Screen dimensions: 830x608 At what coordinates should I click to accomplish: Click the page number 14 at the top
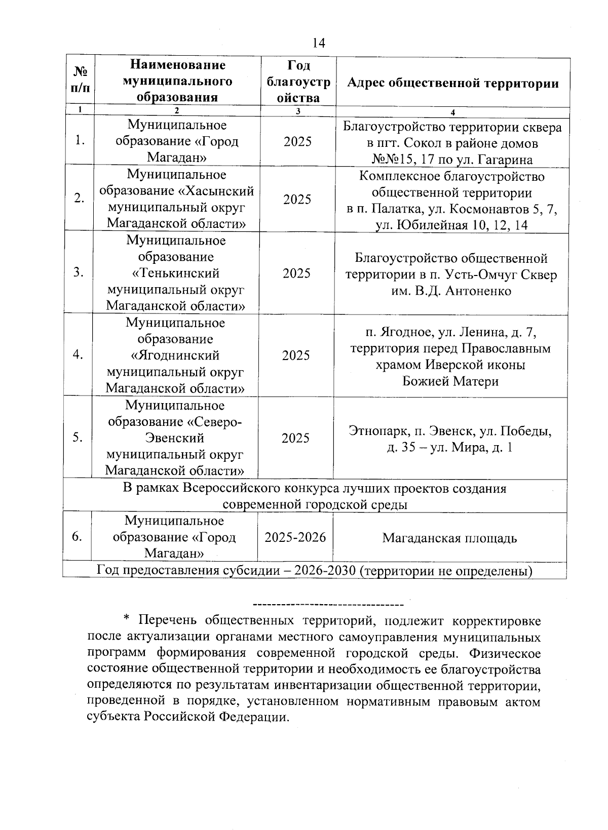319,43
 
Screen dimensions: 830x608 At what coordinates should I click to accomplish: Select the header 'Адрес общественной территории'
453,84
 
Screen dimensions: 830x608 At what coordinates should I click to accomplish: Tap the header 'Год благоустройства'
298,82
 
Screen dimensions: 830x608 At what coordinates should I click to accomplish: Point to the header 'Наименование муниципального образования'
177,81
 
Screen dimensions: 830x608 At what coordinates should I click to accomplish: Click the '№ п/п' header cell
79,81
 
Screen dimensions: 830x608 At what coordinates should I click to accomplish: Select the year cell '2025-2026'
295,537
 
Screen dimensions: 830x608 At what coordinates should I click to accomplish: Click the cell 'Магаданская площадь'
449,538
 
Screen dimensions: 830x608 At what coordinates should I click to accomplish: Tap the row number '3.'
78,272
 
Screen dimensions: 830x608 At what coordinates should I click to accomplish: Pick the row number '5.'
78,438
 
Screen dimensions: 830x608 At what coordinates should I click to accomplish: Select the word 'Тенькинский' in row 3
175,273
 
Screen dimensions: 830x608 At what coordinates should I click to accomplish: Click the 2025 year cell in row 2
297,200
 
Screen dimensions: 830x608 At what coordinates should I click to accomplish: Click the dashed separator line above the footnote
328,604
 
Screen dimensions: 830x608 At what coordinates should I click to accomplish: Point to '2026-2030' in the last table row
325,571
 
